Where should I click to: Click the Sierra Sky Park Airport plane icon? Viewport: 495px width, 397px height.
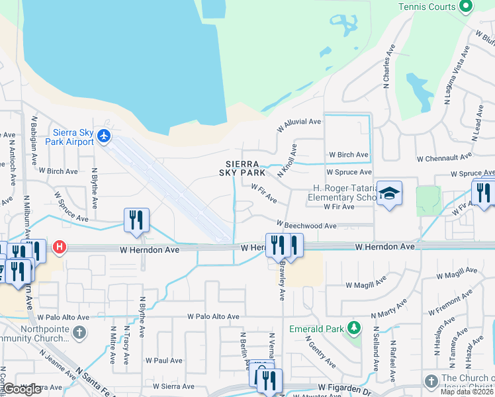tap(104, 136)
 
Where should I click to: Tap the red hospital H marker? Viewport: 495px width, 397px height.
tap(60, 247)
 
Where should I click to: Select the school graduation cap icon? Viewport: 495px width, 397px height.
tap(390, 193)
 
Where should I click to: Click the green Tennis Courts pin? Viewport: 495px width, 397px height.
tap(465, 7)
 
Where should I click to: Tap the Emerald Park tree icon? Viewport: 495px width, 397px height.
tap(354, 328)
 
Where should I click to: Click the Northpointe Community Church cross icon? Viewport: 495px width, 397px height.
tap(79, 331)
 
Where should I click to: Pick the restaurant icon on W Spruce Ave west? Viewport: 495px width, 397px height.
tap(137, 220)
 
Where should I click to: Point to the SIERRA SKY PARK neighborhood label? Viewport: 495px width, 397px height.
tap(247, 167)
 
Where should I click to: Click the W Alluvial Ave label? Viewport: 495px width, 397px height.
tap(299, 122)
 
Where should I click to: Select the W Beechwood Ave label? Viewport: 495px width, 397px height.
tap(306, 226)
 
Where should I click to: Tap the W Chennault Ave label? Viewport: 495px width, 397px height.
tap(444, 159)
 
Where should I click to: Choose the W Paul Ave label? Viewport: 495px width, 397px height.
tap(167, 361)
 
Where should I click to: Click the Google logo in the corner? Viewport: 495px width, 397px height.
tap(22, 390)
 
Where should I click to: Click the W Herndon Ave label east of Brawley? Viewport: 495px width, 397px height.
tap(384, 246)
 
